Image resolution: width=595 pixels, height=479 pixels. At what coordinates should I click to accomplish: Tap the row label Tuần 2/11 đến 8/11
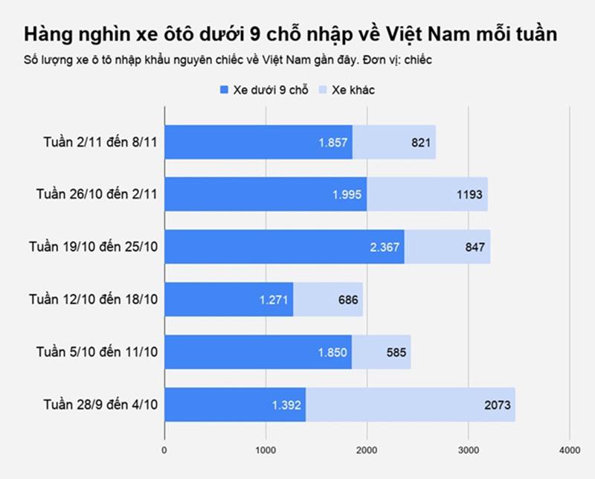coord(100,142)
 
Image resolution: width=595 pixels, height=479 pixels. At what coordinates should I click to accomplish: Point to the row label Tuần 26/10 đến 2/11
coord(97,194)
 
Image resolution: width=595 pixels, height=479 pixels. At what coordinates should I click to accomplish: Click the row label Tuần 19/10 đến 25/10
coord(94,247)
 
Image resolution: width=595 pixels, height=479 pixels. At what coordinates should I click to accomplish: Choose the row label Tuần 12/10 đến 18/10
coord(94,300)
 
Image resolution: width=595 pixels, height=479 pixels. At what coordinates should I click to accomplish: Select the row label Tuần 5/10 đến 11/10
coord(97,352)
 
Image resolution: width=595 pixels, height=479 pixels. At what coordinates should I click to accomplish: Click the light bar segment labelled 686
coord(328,300)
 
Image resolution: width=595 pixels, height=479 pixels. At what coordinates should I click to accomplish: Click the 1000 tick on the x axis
coord(266,449)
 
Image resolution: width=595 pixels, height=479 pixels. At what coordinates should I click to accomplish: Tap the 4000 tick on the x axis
coord(570,449)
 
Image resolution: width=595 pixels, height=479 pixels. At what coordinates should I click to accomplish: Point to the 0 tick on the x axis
coord(164,449)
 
